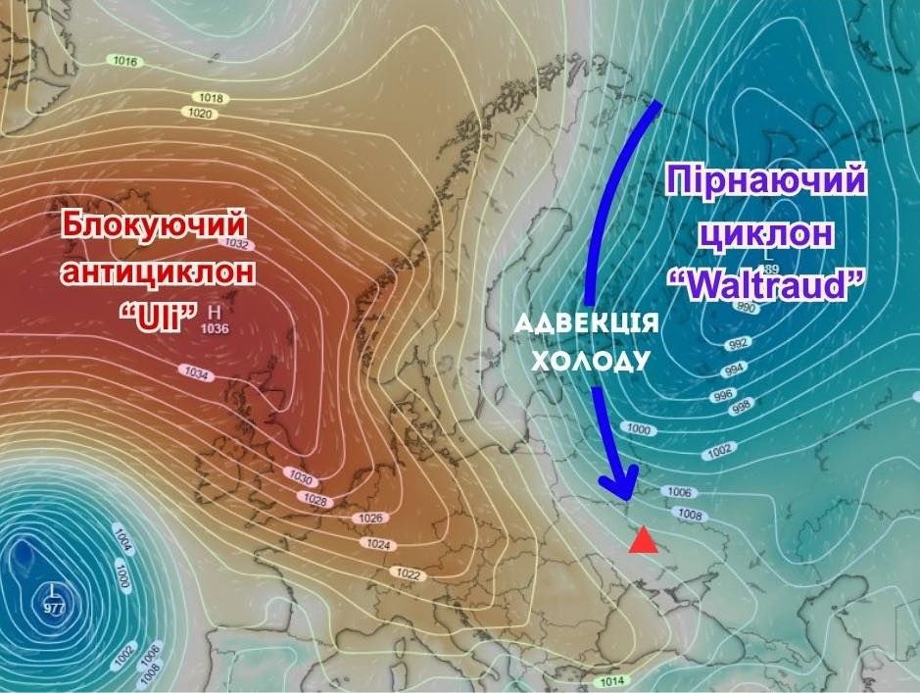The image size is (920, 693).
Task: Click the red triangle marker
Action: click(643, 540)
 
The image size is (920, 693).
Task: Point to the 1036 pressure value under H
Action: click(214, 328)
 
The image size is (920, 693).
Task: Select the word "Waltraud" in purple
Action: click(766, 284)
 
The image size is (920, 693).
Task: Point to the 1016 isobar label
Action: click(125, 62)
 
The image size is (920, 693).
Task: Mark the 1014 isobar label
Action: click(612, 681)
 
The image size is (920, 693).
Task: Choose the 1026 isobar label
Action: click(370, 518)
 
